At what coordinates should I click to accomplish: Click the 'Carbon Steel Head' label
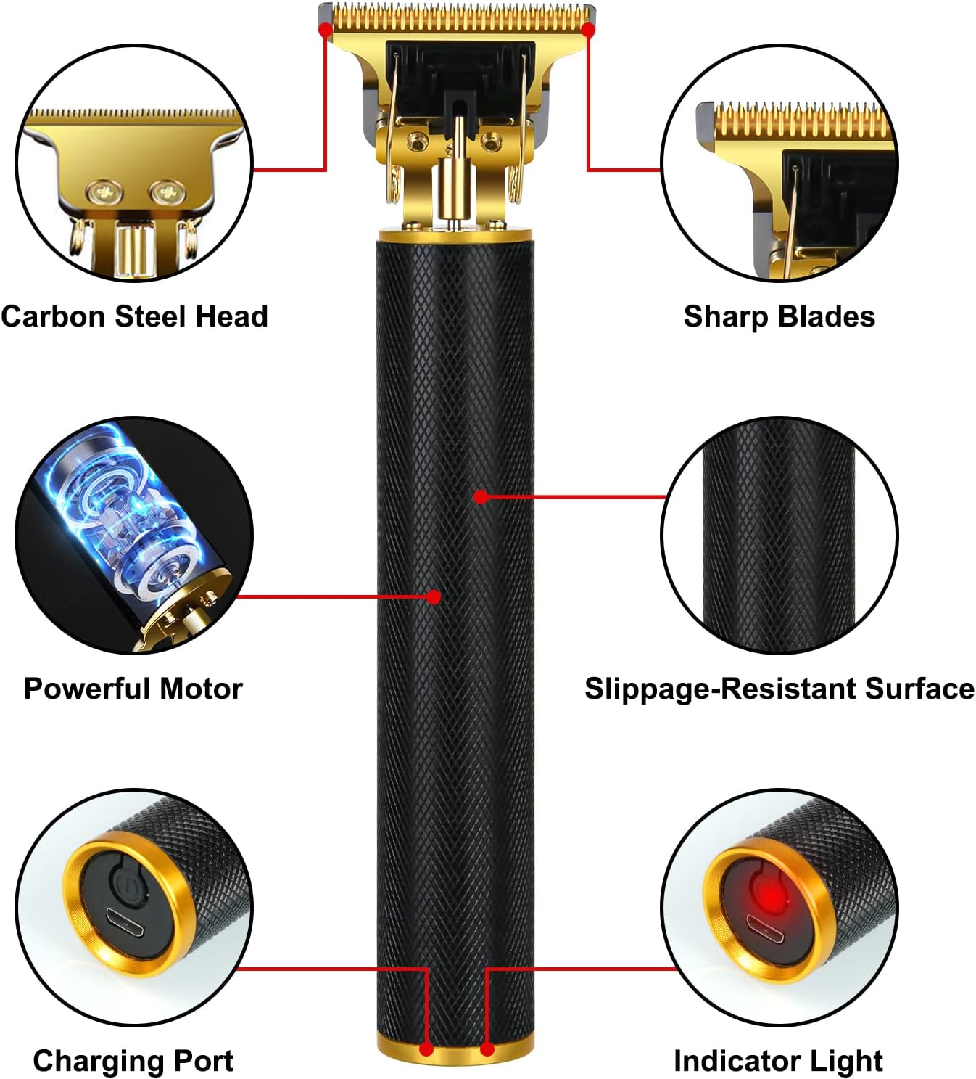[x=135, y=316]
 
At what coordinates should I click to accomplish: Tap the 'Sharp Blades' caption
[x=779, y=316]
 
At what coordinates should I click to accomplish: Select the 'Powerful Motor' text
[x=133, y=688]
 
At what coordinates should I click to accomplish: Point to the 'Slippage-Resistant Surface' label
[x=779, y=688]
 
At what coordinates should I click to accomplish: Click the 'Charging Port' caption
[x=133, y=1060]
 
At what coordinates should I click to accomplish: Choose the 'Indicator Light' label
[x=778, y=1060]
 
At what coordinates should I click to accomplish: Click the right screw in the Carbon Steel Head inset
[x=168, y=193]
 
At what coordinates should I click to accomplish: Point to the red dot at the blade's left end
[x=326, y=29]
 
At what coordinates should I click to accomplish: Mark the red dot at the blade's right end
[x=588, y=30]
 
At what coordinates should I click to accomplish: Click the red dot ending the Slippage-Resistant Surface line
[x=480, y=496]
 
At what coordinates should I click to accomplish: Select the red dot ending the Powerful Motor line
[x=434, y=596]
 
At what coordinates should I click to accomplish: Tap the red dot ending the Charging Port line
[x=426, y=1049]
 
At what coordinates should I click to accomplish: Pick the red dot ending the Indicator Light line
[x=487, y=1049]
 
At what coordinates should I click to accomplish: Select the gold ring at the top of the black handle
[x=455, y=234]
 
